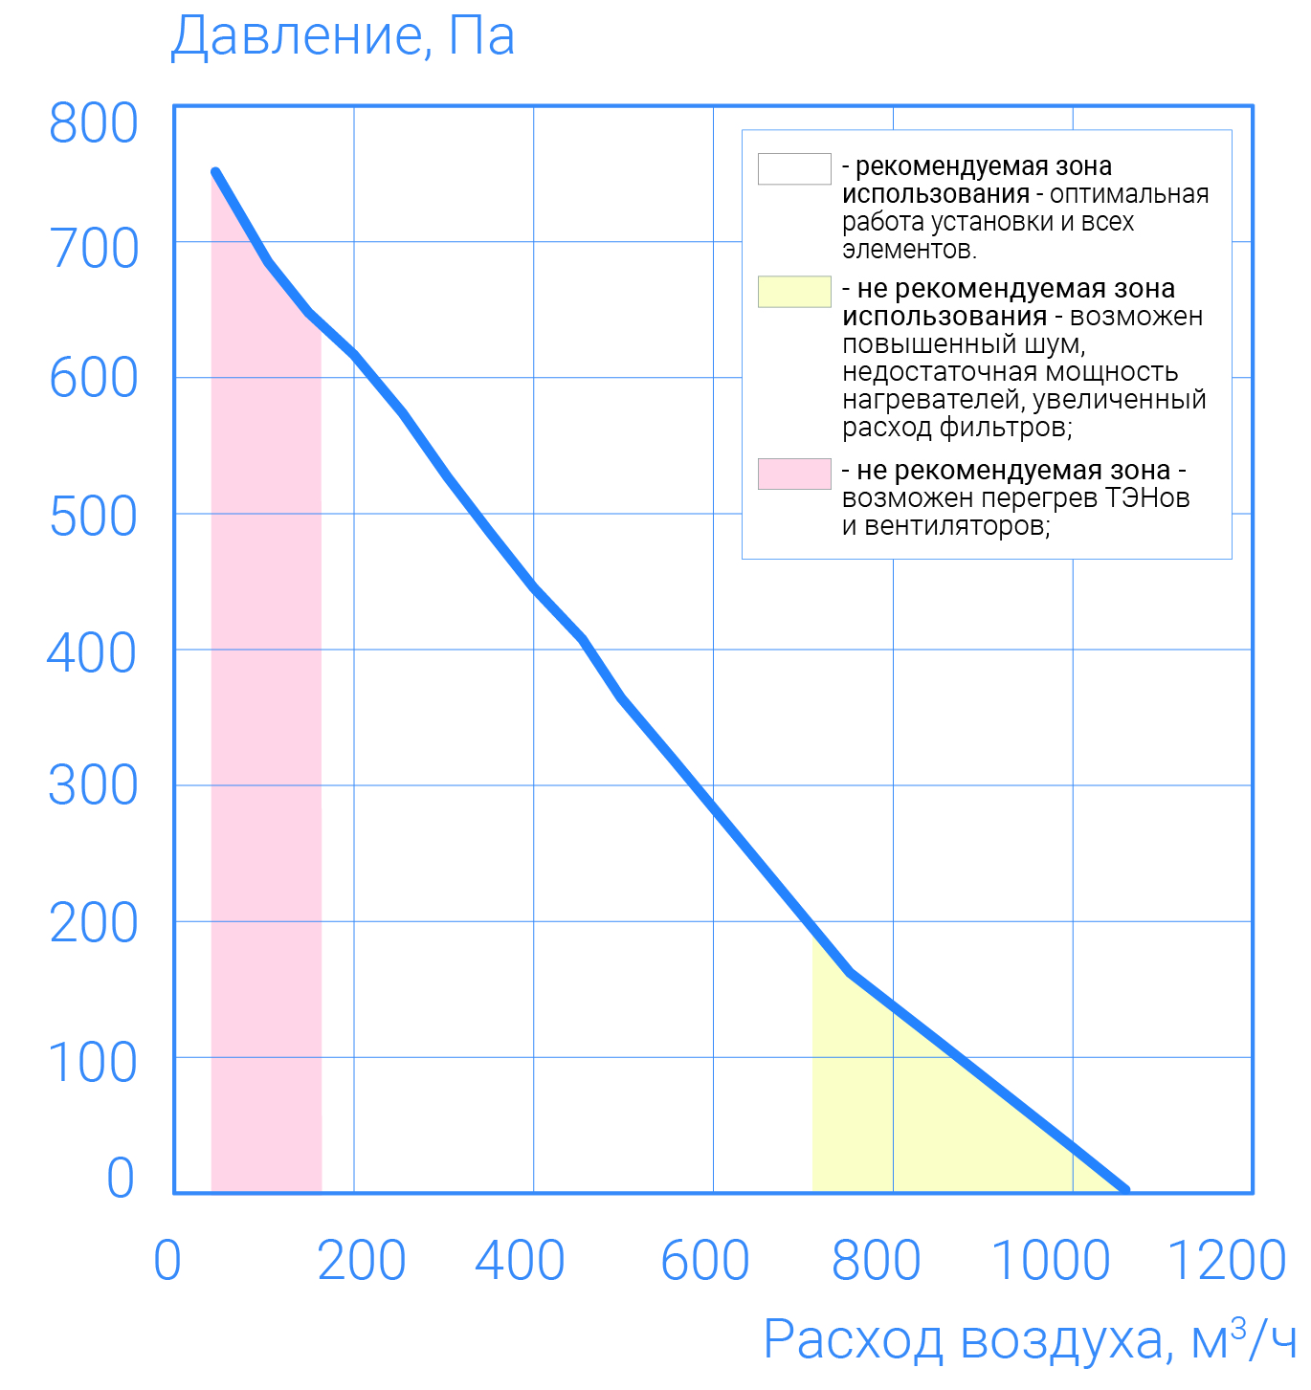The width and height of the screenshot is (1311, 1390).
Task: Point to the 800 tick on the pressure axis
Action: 93,123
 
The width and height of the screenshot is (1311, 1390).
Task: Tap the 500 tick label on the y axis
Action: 93,517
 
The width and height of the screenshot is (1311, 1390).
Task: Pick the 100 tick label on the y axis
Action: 93,1063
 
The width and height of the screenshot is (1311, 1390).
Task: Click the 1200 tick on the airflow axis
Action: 1227,1260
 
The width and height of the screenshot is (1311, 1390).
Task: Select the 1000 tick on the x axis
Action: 1051,1260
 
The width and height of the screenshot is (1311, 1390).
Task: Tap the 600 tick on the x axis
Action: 705,1260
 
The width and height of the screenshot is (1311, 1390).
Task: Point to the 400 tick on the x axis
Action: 520,1260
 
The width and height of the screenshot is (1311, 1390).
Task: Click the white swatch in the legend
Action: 794,168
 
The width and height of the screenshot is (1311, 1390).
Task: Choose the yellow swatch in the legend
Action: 794,292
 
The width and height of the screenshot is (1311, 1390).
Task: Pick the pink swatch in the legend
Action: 794,474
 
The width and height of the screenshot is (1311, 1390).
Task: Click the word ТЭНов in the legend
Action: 1147,498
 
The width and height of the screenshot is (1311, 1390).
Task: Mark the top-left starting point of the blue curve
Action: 215,172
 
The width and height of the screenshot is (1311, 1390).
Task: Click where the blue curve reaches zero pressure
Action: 1125,1189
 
